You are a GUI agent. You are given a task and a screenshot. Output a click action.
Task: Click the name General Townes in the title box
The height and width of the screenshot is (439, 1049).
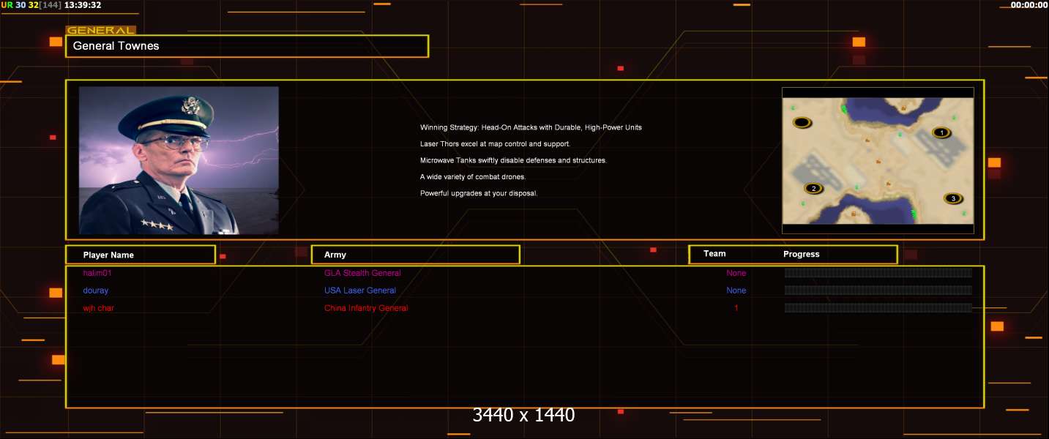tap(116, 46)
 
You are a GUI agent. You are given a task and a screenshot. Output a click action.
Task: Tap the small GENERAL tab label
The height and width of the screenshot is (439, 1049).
tap(100, 31)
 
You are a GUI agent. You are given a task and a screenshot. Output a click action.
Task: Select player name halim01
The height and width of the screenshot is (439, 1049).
tap(97, 273)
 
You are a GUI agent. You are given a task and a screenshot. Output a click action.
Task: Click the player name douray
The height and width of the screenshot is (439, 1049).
tap(97, 290)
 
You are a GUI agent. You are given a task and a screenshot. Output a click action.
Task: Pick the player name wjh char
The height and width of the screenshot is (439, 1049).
tap(99, 308)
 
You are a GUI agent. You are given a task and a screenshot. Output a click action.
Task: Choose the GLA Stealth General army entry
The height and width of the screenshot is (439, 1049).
tap(362, 273)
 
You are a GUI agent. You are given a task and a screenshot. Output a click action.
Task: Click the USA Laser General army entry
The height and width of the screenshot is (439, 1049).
tap(360, 290)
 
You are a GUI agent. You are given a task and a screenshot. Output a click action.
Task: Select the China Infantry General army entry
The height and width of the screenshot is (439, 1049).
tap(366, 308)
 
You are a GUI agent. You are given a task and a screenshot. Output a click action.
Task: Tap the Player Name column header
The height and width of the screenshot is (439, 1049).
tap(108, 255)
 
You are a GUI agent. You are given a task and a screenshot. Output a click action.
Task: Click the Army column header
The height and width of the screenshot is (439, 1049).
tap(335, 255)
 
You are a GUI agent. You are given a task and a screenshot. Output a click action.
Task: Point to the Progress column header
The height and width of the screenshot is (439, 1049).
tap(802, 254)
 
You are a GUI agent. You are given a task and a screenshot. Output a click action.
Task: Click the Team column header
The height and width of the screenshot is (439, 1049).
tap(714, 254)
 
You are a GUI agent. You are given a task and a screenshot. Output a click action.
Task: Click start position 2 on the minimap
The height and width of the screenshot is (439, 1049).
tap(813, 188)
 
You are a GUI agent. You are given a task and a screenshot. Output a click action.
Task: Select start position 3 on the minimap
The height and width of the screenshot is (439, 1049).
tap(952, 198)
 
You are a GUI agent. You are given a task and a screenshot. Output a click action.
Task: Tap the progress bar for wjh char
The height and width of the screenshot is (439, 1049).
tap(878, 308)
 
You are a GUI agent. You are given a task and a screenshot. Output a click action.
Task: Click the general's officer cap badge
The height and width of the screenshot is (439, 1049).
tap(191, 105)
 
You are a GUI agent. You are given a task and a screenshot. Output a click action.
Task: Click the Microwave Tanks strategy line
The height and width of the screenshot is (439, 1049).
tap(513, 160)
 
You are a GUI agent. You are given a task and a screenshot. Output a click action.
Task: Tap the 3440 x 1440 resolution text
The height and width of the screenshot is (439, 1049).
tap(523, 415)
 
